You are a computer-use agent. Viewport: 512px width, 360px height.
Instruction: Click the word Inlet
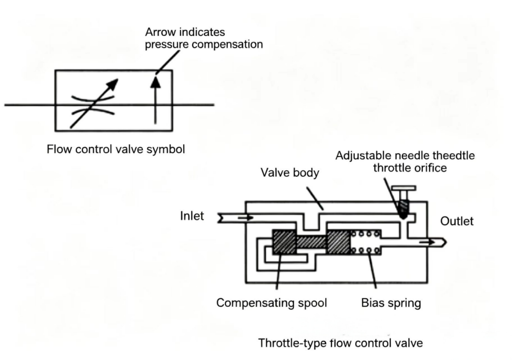point(192,216)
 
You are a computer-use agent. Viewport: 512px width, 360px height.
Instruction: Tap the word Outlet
point(457,221)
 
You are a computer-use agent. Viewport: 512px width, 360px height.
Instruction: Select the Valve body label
point(290,172)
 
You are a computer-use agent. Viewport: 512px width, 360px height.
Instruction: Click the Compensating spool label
point(272,303)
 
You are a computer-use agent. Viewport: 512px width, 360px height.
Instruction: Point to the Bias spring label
point(391,303)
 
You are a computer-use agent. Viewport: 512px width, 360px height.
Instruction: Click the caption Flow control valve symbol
point(116,149)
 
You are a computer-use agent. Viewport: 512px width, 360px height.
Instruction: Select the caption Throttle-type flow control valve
point(341,343)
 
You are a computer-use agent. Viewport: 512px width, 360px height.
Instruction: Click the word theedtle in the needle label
point(454,155)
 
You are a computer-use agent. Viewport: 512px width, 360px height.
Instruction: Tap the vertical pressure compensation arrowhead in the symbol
point(156,82)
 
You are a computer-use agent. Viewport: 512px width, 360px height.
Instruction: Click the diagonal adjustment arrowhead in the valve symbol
point(112,85)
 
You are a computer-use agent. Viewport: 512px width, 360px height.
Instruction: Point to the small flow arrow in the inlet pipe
point(245,217)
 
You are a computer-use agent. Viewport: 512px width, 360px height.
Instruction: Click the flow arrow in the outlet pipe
point(427,242)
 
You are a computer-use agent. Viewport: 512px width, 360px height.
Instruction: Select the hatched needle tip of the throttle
point(403,209)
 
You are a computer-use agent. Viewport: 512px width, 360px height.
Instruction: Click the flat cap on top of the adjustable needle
point(403,188)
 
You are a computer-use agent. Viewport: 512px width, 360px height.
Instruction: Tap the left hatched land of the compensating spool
point(284,242)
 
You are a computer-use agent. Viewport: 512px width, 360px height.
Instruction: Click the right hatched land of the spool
point(339,242)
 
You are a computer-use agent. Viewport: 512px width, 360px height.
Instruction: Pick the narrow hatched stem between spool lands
point(311,242)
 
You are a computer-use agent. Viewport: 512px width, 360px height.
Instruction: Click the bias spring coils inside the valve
point(366,242)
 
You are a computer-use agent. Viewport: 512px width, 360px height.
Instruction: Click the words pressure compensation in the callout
point(204,44)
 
